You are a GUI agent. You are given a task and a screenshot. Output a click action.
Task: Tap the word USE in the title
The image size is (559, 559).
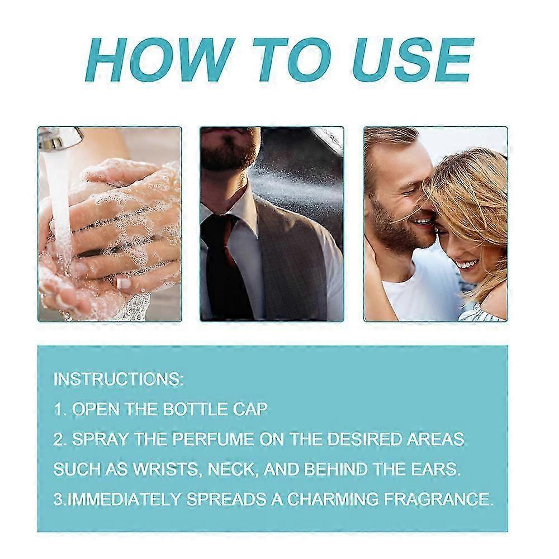[413, 59]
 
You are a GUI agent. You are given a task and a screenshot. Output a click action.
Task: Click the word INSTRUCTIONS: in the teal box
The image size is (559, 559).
[119, 379]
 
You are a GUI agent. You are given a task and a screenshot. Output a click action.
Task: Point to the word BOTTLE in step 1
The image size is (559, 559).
[195, 409]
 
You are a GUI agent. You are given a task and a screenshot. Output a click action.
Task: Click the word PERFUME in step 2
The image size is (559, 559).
[213, 439]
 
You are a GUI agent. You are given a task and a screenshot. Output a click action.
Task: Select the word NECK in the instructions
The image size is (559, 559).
[233, 469]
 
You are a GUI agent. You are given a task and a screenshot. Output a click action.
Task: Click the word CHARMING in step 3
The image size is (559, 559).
[333, 499]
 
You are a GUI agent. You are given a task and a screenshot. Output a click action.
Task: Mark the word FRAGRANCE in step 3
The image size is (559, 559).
[438, 499]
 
